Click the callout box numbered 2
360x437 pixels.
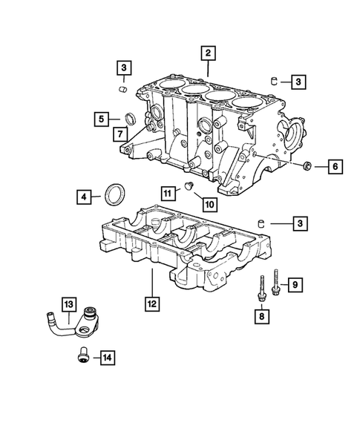tap(209, 53)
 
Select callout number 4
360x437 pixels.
tap(85, 197)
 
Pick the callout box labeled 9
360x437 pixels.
tap(295, 284)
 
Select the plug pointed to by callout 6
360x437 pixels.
tap(307, 167)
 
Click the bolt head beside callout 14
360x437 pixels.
tap(83, 358)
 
